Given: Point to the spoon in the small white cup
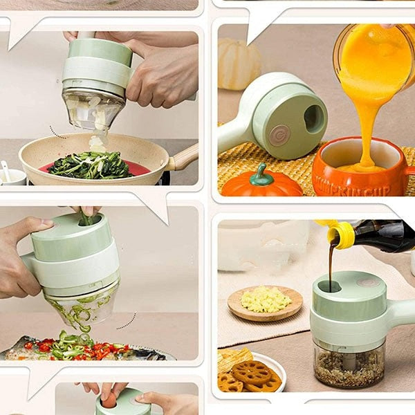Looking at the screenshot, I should (x=6, y=169).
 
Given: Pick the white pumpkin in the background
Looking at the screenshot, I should (x=239, y=64).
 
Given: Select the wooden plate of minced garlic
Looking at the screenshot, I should (x=265, y=302).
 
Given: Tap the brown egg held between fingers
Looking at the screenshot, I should (x=110, y=400).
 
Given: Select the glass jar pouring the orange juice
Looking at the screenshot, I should (x=374, y=48).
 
